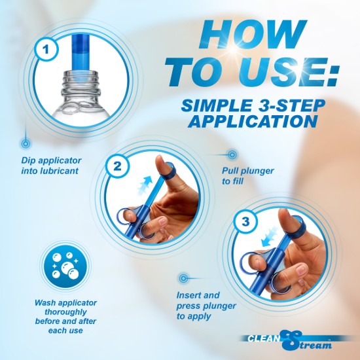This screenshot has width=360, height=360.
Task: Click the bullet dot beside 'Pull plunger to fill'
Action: coord(232,154)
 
